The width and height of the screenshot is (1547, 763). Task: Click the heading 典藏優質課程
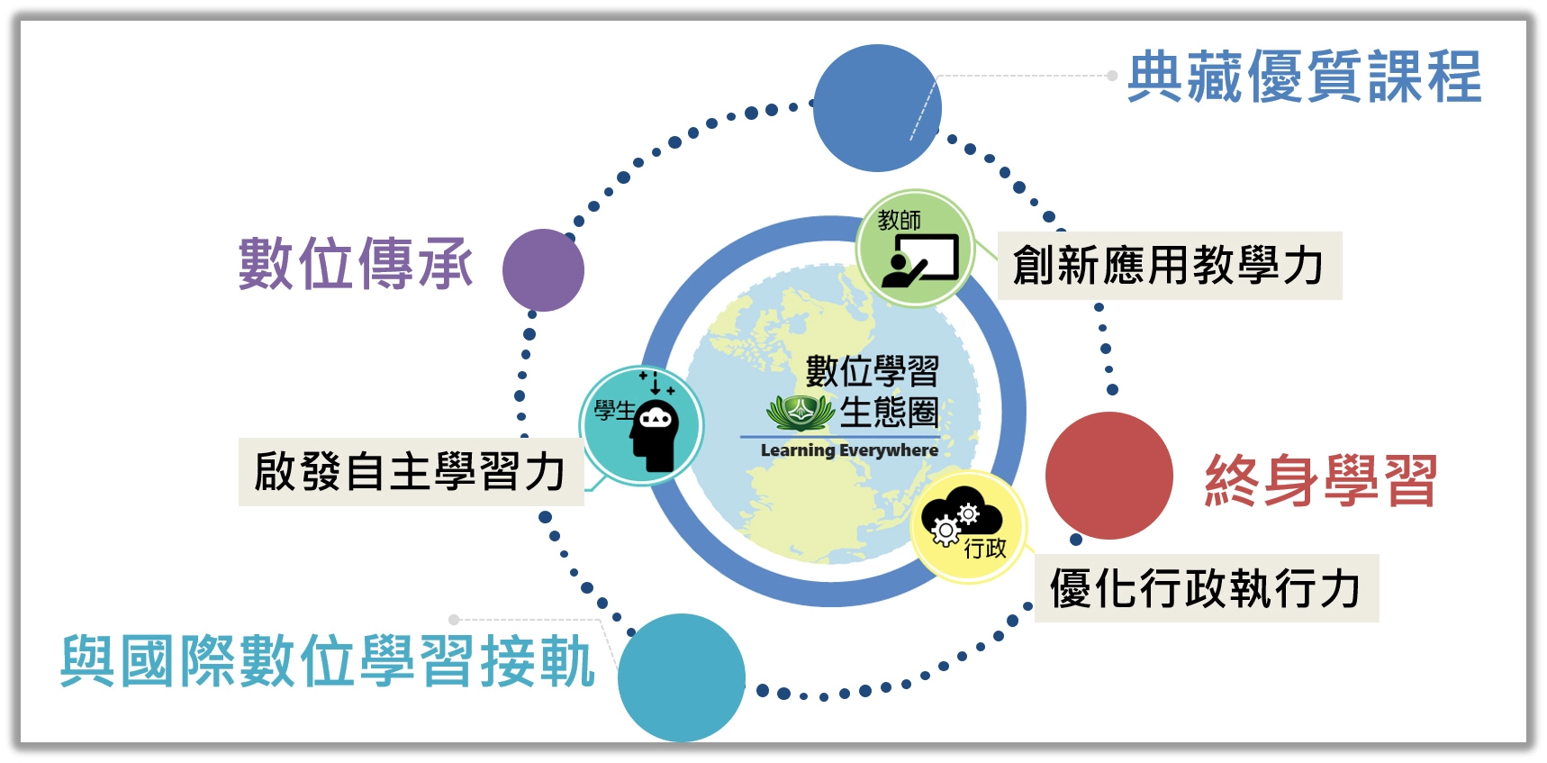(1304, 77)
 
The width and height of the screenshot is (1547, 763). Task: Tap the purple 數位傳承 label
(356, 264)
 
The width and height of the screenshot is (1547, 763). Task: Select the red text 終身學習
(1321, 481)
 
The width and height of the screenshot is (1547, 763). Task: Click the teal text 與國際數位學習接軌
(328, 661)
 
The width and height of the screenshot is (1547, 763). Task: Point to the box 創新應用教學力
(1170, 266)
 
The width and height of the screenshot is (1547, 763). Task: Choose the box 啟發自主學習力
(411, 472)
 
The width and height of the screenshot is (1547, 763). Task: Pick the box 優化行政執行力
(1207, 588)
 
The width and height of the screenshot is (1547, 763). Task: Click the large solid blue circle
(877, 108)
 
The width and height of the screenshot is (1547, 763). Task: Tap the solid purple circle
(543, 270)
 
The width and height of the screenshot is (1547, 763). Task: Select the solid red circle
(1109, 476)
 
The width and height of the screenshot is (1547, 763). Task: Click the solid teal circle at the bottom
(682, 677)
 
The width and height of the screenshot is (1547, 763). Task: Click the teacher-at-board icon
(919, 261)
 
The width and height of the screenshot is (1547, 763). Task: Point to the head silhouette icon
(656, 431)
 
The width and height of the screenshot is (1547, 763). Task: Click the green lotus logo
(799, 413)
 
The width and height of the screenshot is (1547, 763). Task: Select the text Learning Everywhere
(849, 450)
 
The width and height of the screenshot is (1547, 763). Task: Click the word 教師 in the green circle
(900, 220)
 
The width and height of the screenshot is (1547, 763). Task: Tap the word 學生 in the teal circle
(614, 411)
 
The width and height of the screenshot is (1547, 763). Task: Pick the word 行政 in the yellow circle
(985, 548)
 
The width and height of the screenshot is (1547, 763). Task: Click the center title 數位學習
(872, 371)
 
